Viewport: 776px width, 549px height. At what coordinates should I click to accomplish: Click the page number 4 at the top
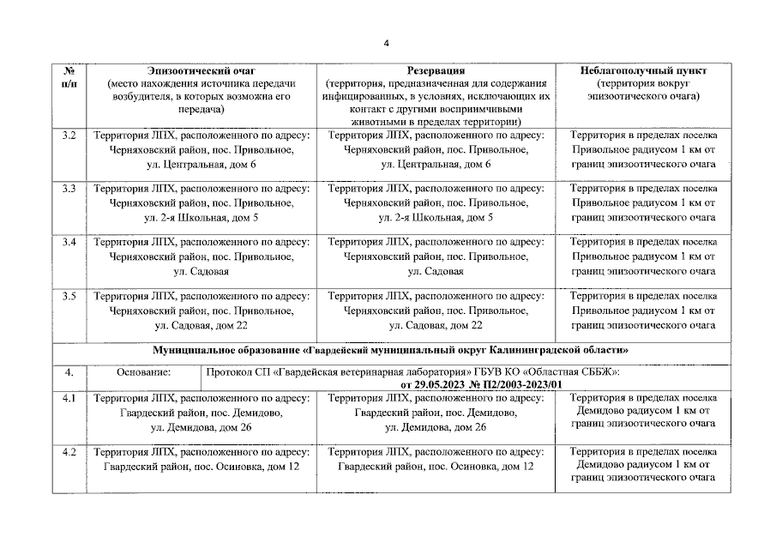click(387, 44)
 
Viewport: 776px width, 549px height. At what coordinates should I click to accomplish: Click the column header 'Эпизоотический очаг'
click(202, 69)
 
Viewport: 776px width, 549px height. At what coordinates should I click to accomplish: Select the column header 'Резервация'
click(436, 69)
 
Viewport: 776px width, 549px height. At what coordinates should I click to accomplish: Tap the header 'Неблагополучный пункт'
click(641, 69)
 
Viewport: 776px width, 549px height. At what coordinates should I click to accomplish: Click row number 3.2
click(69, 136)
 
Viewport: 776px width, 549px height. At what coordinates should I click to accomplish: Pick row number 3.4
click(69, 243)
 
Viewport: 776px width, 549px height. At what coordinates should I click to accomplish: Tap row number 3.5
click(69, 296)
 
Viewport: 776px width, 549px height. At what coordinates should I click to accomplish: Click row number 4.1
click(69, 398)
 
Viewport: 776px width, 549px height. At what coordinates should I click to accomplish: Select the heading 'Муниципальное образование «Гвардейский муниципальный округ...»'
click(390, 350)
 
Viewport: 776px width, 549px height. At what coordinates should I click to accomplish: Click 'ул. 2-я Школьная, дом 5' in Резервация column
click(436, 217)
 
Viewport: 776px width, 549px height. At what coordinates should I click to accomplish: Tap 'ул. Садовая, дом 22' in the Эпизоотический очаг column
click(202, 325)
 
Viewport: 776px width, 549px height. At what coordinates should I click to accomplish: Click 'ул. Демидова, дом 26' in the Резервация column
click(436, 426)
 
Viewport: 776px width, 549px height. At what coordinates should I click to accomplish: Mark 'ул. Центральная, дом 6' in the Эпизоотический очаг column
click(202, 164)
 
